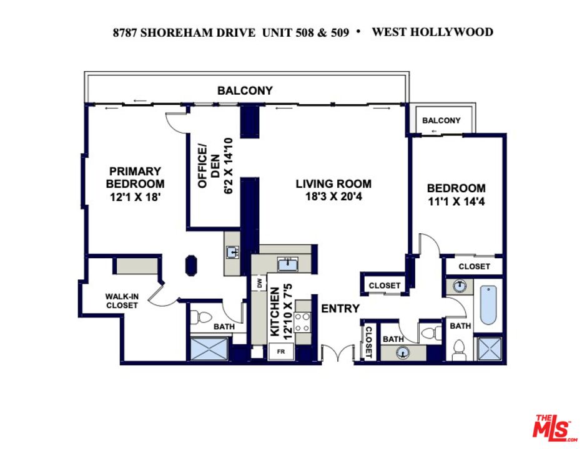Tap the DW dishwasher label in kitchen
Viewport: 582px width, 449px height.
click(x=260, y=283)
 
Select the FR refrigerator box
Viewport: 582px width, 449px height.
click(x=281, y=352)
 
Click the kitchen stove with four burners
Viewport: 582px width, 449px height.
click(x=302, y=322)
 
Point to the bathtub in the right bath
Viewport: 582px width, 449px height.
click(x=488, y=305)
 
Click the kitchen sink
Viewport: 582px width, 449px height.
click(x=288, y=265)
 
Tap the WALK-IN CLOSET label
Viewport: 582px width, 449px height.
click(x=122, y=301)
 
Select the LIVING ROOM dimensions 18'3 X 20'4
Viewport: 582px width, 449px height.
click(x=333, y=196)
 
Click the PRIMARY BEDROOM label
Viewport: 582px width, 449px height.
click(x=135, y=178)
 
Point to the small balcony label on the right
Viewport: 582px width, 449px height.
click(x=441, y=120)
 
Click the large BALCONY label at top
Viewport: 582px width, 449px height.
click(x=245, y=90)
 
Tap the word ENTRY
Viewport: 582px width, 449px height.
click(x=340, y=309)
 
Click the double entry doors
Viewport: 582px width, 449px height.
click(x=337, y=352)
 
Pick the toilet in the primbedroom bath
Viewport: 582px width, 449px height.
click(x=201, y=317)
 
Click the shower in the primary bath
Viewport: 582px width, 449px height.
click(x=209, y=349)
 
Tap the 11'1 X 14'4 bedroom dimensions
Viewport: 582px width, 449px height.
click(x=456, y=201)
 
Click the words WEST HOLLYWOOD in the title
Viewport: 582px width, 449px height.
click(x=432, y=32)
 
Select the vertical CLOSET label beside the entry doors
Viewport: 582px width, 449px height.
click(x=369, y=342)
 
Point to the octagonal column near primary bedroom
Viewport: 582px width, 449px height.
click(x=191, y=265)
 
